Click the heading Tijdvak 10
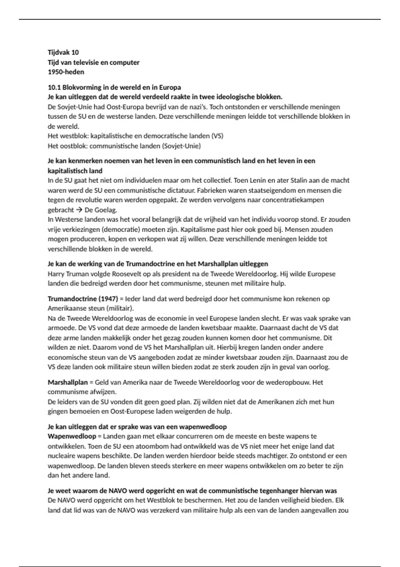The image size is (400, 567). point(63,52)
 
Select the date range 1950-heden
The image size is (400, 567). point(66,72)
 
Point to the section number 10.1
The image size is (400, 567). point(54,87)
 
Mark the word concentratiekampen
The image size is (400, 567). point(293,200)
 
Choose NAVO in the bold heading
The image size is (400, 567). point(118,491)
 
